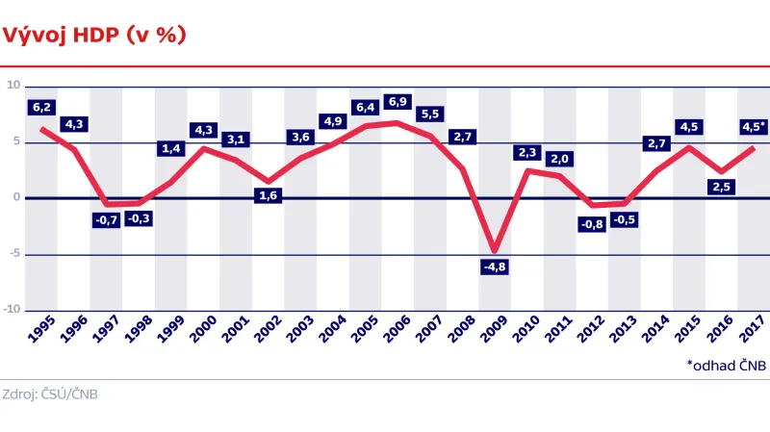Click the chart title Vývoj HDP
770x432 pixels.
(x=94, y=35)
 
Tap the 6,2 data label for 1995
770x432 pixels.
(x=41, y=108)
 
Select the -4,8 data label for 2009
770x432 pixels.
(x=495, y=267)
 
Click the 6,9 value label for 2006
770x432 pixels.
(x=398, y=101)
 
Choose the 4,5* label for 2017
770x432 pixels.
(x=753, y=126)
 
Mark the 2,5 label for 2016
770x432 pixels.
(x=720, y=187)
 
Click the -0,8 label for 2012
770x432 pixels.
(x=592, y=224)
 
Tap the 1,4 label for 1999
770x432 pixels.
(x=171, y=149)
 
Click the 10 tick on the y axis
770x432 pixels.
(x=13, y=85)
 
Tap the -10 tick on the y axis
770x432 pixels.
(x=12, y=310)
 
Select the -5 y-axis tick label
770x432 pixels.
(x=13, y=254)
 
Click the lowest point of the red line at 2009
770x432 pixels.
(x=495, y=251)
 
